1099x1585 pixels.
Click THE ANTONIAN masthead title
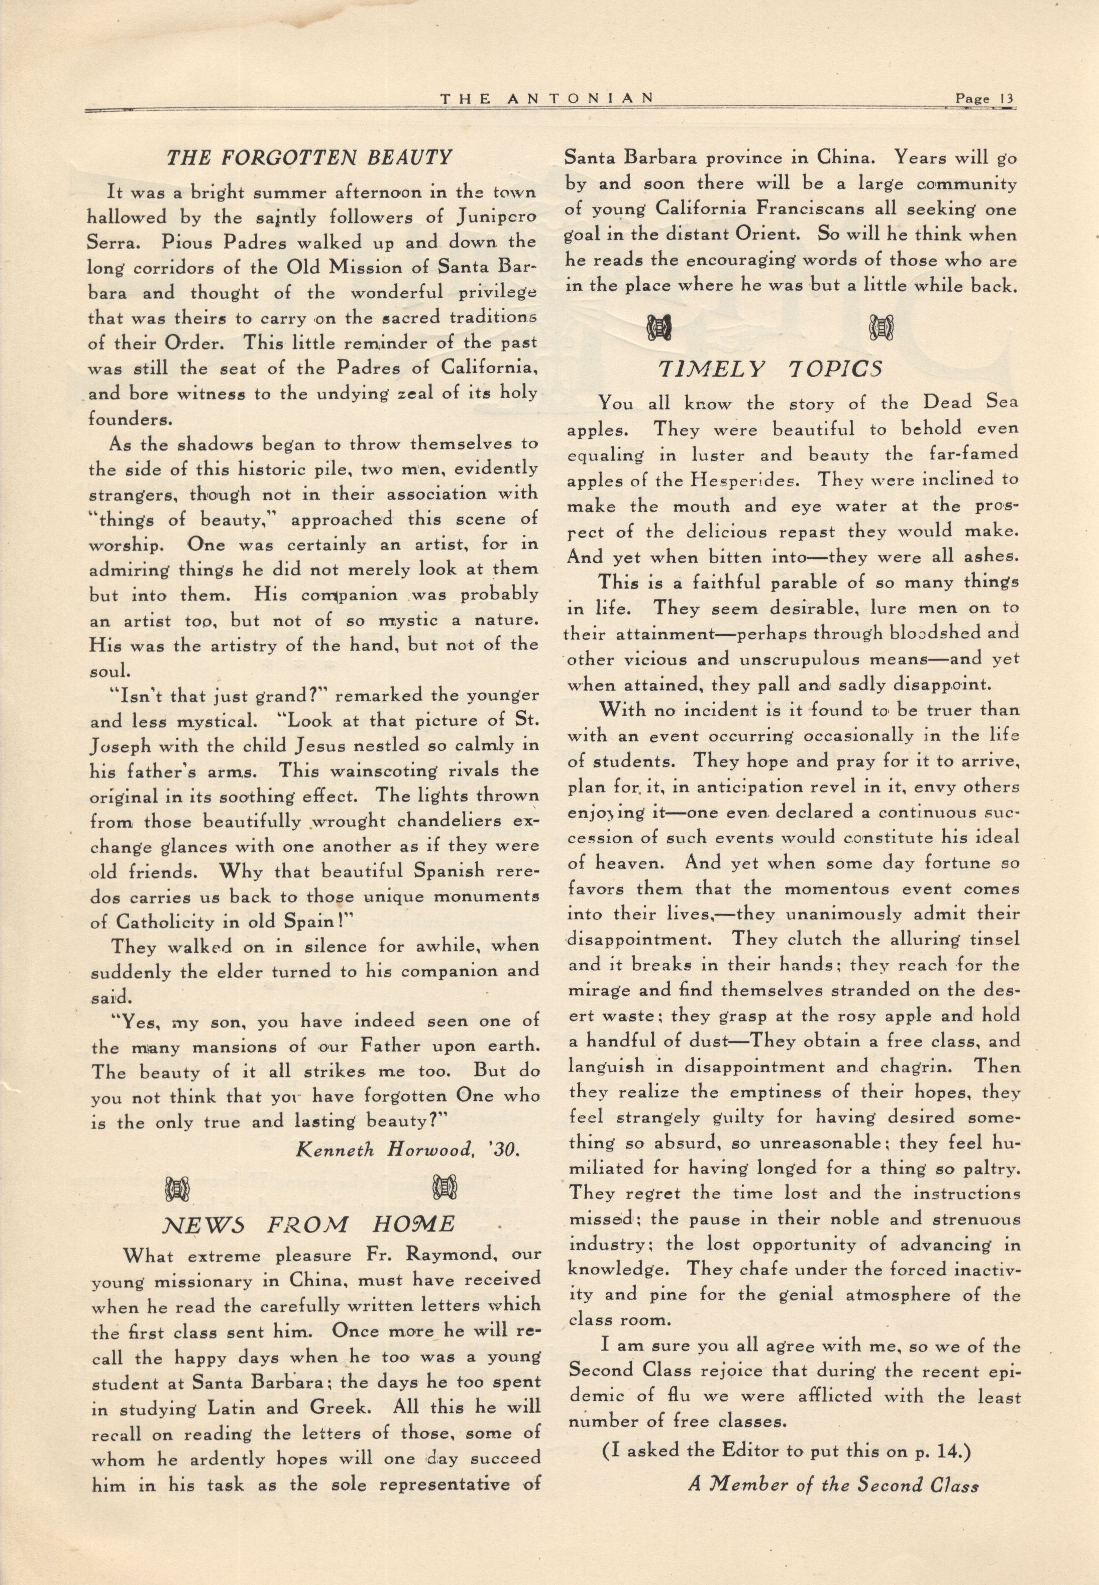pyautogui.click(x=547, y=98)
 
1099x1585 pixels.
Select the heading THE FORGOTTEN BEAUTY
pyautogui.click(x=309, y=158)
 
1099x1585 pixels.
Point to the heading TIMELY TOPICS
pyautogui.click(x=771, y=370)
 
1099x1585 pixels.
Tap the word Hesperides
pyautogui.click(x=753, y=481)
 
